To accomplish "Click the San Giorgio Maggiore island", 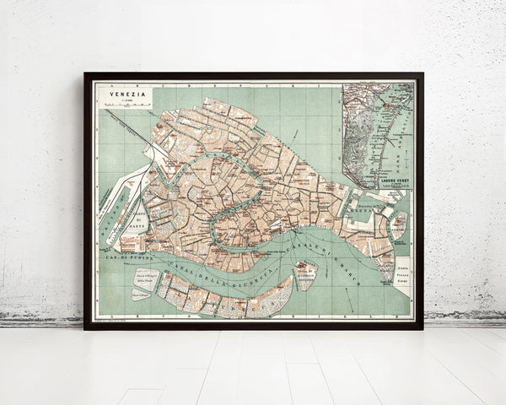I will (x=305, y=274).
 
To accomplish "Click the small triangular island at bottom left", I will (x=140, y=294).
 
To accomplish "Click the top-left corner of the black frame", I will (x=85, y=73).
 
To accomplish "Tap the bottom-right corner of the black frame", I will (x=422, y=327).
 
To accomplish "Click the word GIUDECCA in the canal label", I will (x=245, y=279).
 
